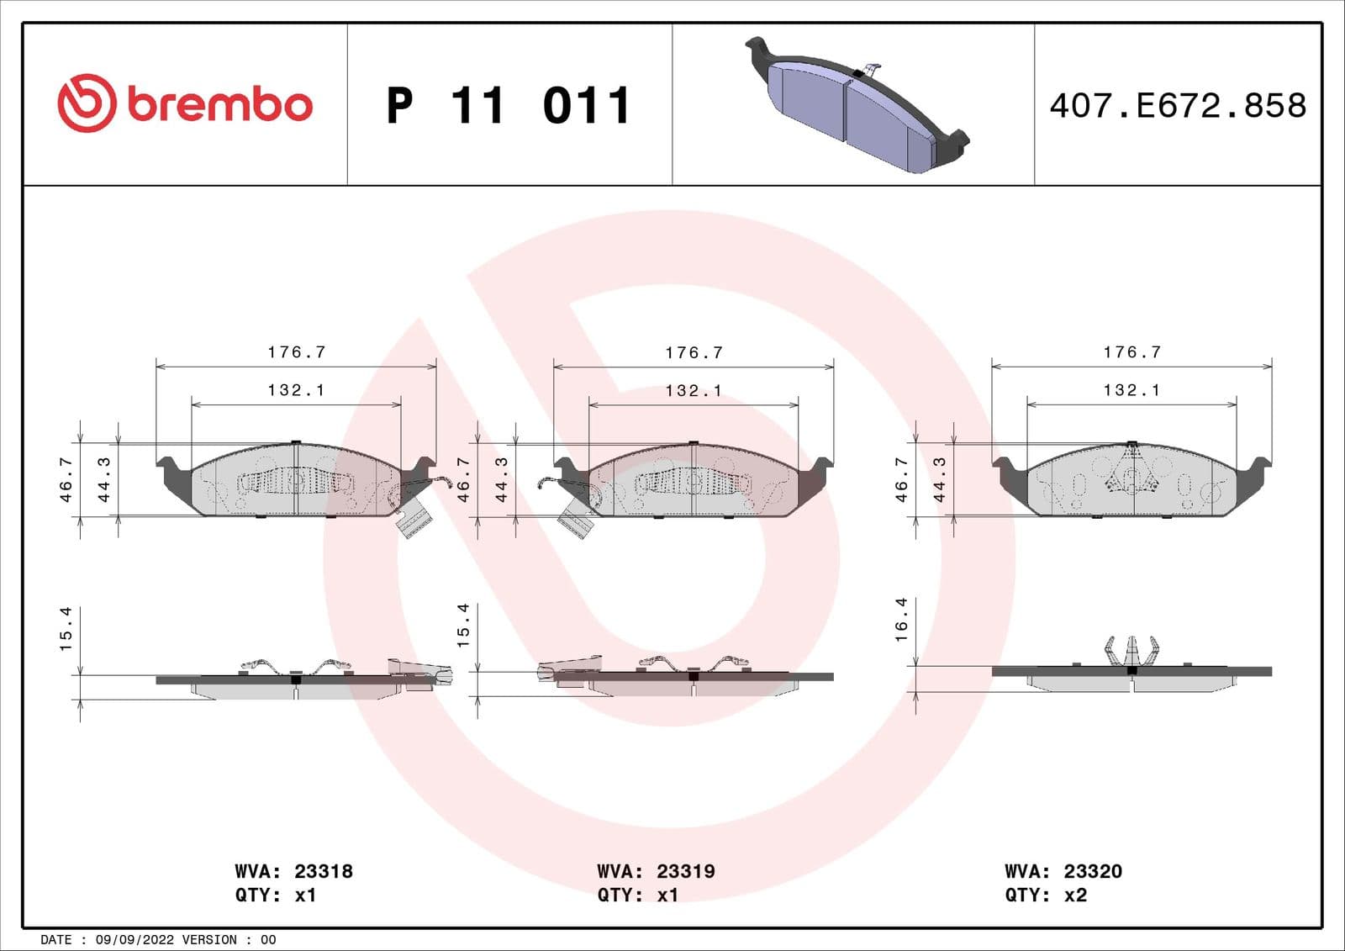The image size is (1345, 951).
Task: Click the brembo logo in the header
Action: [185, 103]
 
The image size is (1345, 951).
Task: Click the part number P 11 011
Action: [508, 106]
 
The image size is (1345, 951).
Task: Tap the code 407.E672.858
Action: [1178, 106]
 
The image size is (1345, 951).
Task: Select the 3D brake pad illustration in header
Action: [857, 106]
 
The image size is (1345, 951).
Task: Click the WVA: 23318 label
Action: [293, 871]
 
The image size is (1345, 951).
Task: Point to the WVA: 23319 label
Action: [656, 871]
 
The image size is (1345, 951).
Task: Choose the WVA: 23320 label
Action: [1063, 871]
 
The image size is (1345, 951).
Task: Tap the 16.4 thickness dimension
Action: [901, 620]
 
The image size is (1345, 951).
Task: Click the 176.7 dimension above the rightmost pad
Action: [1131, 352]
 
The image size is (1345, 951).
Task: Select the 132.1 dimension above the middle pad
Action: [694, 391]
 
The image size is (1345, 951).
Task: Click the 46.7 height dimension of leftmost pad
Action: [66, 480]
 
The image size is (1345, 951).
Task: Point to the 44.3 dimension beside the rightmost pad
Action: [939, 480]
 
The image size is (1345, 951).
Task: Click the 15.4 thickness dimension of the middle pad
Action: [463, 626]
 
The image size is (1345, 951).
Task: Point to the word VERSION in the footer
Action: [209, 939]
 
